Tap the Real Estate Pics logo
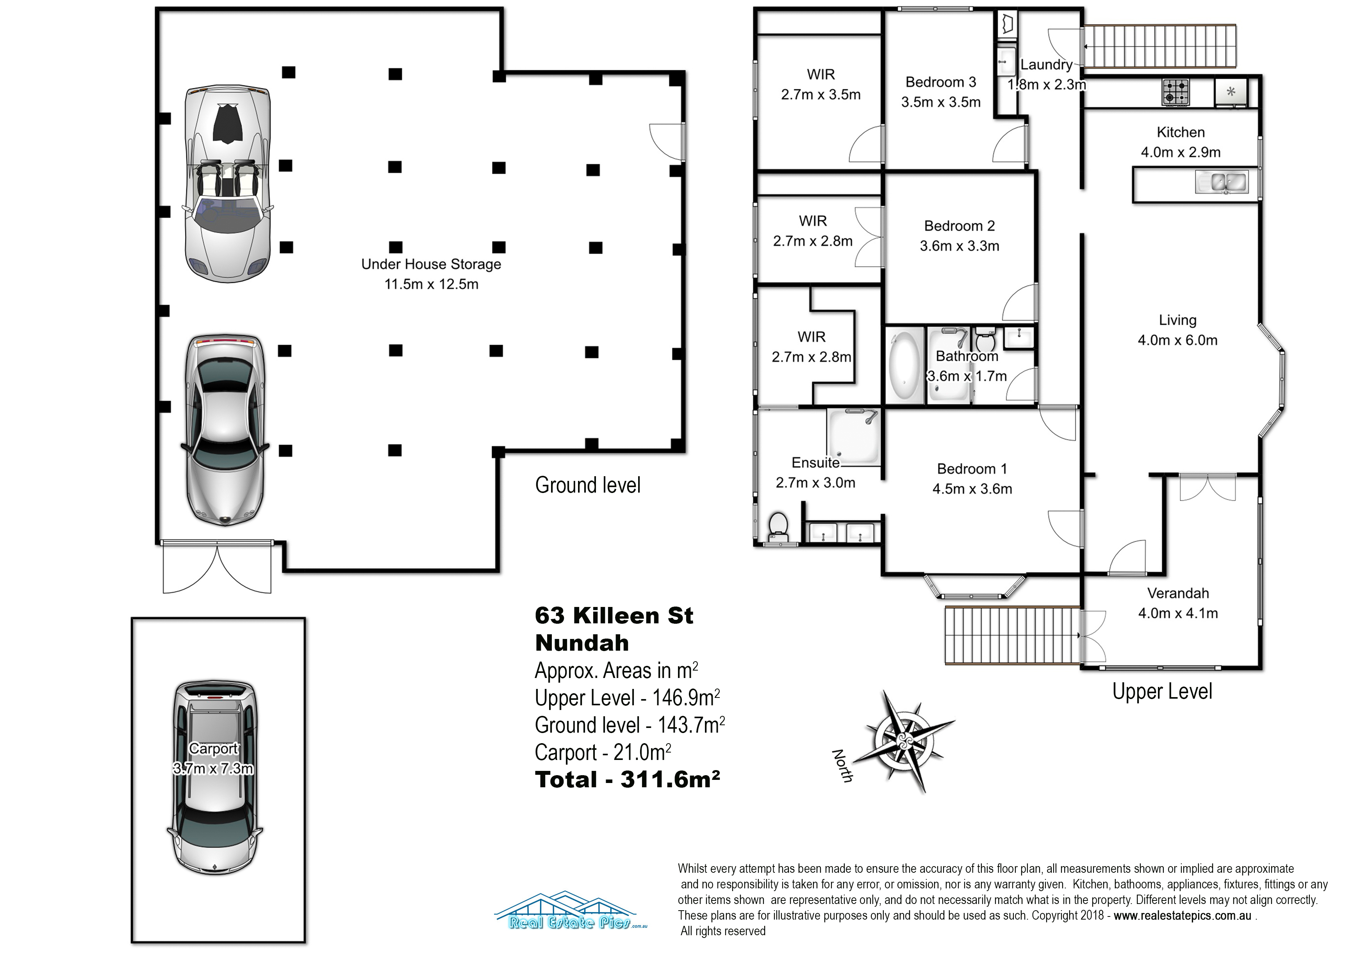[x=571, y=911]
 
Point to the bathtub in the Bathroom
[x=904, y=365]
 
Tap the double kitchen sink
[x=1221, y=182]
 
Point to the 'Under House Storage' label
[x=431, y=264]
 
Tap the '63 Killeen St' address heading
[x=614, y=616]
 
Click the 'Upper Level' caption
[x=1162, y=691]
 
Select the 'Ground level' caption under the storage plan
[x=588, y=485]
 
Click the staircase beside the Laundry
[x=1160, y=46]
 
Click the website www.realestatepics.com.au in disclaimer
[x=1182, y=916]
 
